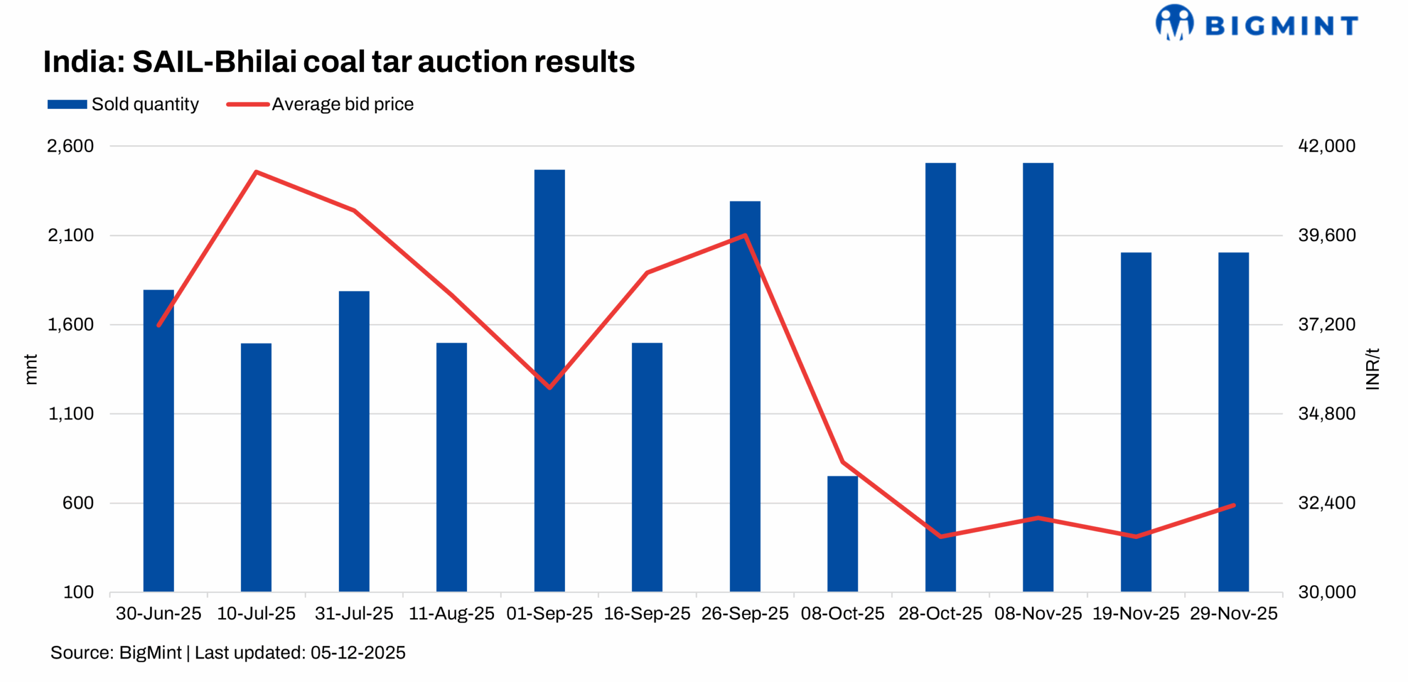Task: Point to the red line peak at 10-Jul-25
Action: (x=256, y=172)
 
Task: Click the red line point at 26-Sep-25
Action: (x=745, y=235)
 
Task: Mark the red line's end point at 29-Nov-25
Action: (x=1234, y=505)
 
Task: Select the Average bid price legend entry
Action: (x=320, y=104)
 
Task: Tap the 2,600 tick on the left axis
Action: (x=70, y=146)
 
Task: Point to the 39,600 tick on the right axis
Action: (x=1326, y=235)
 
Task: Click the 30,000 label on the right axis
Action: (x=1326, y=592)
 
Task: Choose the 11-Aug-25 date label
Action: (x=451, y=613)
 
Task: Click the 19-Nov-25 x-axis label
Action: (x=1135, y=613)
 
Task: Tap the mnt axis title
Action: (x=31, y=369)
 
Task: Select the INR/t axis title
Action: (x=1372, y=369)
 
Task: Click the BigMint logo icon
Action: (x=1174, y=23)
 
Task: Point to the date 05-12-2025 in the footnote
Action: (x=358, y=652)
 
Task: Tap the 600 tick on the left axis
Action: (x=78, y=503)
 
